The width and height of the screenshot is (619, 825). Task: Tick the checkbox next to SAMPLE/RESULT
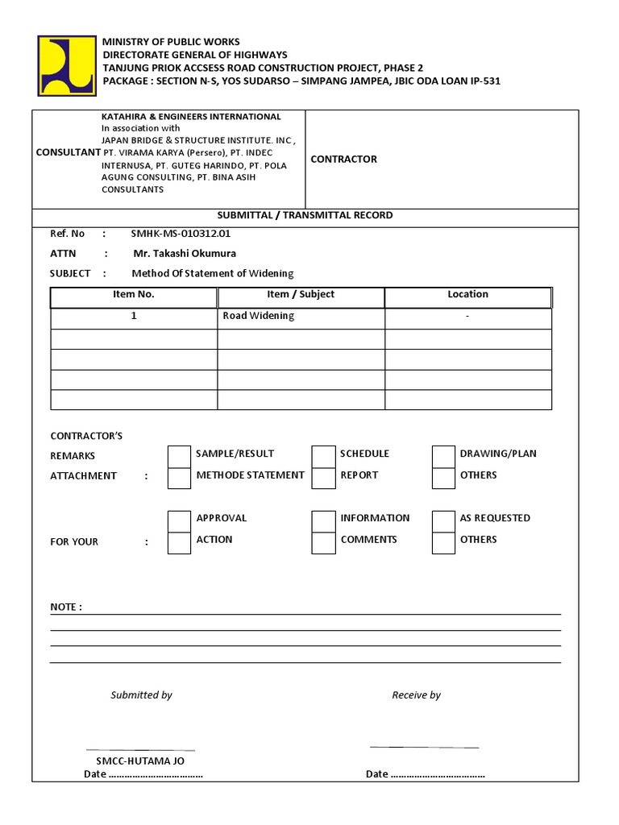point(179,457)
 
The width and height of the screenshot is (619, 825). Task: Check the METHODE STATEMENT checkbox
point(179,478)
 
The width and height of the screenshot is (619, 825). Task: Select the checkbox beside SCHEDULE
point(323,457)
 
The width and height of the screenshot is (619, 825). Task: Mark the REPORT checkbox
point(323,478)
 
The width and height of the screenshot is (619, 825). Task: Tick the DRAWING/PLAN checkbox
point(443,457)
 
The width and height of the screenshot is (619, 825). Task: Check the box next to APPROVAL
point(179,521)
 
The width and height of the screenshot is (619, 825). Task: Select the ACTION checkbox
point(179,543)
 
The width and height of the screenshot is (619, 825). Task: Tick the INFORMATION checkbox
point(323,521)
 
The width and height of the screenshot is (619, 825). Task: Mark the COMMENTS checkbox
point(323,543)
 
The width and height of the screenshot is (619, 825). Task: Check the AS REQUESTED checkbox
point(443,521)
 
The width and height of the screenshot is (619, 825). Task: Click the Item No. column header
point(134,295)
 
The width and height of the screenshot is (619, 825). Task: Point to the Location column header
point(467,295)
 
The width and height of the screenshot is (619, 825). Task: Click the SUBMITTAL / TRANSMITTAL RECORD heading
point(305,216)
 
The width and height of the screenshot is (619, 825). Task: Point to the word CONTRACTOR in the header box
point(343,160)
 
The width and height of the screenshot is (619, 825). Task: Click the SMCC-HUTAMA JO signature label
point(140,760)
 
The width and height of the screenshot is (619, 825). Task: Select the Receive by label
point(416,695)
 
